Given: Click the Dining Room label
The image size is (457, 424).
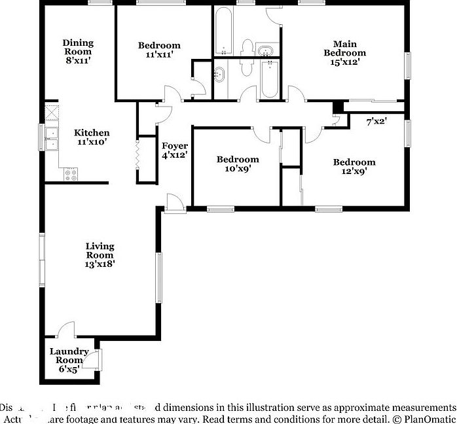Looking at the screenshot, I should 78,43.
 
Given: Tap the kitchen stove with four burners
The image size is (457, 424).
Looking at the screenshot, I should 70,174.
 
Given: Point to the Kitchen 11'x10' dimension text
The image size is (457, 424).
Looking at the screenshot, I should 91,141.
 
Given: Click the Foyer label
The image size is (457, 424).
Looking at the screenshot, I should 175,146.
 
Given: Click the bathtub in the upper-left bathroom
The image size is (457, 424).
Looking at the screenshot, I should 223,32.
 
